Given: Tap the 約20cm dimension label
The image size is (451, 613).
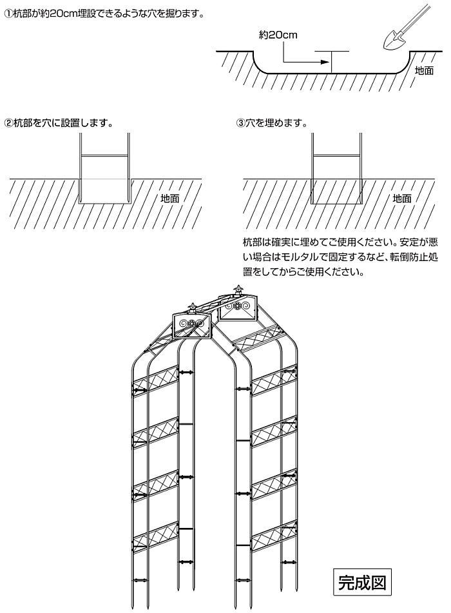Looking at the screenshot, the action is coord(278,35).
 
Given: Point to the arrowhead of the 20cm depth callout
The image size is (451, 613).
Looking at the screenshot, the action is coord(323,62).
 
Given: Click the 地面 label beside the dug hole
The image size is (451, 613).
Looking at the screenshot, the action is coord(424,71).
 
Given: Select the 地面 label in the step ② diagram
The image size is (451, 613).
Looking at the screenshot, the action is coord(170,198).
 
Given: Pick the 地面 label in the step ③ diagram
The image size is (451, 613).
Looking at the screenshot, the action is coord(402,198).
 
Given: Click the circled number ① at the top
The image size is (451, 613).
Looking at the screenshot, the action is coord(8,14).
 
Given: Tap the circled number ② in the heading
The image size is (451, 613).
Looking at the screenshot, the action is coord(8,124).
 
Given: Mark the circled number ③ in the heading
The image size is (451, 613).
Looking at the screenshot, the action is coord(240,124).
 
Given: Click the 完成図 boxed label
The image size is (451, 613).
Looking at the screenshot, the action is coord(362,582).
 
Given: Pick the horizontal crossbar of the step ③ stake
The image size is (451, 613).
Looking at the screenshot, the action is coord(336,156).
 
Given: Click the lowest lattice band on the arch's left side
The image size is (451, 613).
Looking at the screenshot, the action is coord(156,537).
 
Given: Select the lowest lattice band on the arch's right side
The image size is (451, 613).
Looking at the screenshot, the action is coord(274,537).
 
